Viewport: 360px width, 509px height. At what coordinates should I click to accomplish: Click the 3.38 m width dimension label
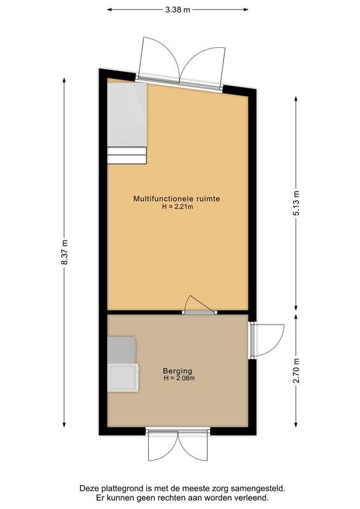[177, 10]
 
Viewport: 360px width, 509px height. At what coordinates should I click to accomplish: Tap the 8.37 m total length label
[64, 253]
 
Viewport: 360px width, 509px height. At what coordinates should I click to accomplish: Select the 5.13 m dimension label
[296, 202]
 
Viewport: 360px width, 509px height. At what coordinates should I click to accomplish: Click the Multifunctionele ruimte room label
[177, 199]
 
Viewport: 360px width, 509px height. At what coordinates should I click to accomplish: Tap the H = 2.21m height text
[177, 207]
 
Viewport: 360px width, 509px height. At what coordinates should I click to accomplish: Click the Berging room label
[177, 371]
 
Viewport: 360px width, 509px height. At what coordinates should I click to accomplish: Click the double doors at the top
[183, 62]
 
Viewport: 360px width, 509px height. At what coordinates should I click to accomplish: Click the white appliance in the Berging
[123, 377]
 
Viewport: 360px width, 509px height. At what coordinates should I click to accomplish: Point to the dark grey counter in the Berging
[121, 349]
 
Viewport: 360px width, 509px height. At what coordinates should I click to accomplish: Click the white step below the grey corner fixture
[127, 155]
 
